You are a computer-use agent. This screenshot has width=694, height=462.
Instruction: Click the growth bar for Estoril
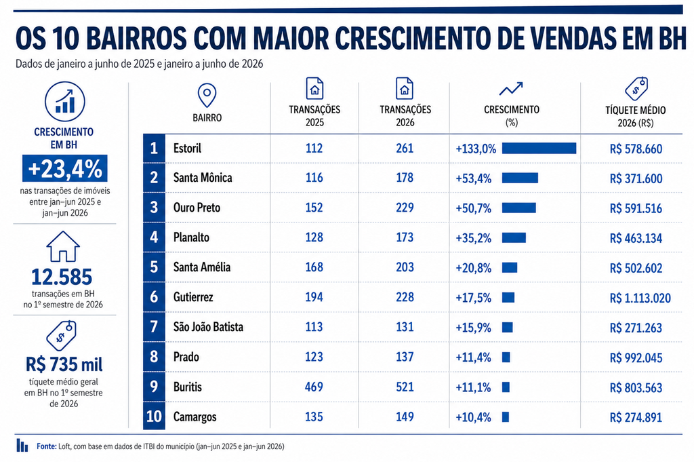click(539, 149)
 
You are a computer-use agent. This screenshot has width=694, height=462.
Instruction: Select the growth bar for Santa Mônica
click(520, 178)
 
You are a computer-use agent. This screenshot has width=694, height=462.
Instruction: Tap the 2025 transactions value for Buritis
click(314, 387)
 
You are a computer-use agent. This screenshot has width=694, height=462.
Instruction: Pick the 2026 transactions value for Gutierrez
click(405, 296)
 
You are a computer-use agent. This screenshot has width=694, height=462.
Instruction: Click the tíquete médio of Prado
click(636, 358)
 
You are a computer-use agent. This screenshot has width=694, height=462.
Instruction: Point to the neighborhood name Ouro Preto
click(197, 208)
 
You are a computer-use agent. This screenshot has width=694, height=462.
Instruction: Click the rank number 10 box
click(154, 417)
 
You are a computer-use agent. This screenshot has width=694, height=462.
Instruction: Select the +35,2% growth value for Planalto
click(473, 238)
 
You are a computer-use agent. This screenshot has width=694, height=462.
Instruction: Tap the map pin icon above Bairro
click(207, 95)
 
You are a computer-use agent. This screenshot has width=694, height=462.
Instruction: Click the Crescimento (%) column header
click(512, 115)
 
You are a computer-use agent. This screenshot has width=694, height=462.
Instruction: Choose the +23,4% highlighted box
click(64, 168)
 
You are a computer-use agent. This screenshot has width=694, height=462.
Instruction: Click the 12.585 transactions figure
click(62, 277)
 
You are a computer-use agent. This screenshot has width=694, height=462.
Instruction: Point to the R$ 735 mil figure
click(64, 364)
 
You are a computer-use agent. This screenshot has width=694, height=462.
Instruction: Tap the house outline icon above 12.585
click(63, 246)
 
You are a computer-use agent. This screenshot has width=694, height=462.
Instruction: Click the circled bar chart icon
click(64, 102)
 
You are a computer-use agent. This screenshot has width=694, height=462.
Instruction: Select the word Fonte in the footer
click(47, 446)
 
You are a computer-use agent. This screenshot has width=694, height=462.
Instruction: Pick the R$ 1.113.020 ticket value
click(640, 298)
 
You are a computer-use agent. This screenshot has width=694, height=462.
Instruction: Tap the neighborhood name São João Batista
click(208, 327)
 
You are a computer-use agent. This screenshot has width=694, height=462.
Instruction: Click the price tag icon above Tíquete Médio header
click(636, 89)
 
